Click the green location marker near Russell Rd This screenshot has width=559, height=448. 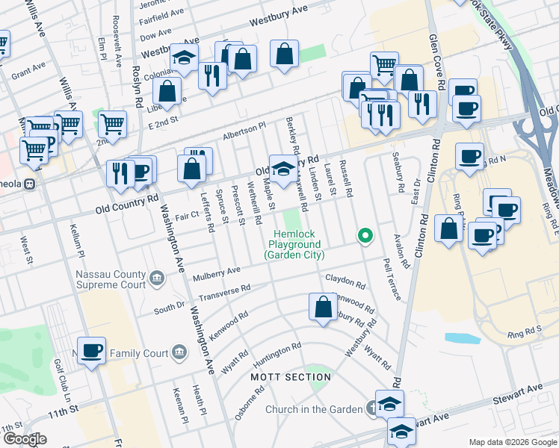click(365, 237)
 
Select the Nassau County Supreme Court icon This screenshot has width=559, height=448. click(157, 279)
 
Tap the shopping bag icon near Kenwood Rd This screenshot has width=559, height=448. click(323, 308)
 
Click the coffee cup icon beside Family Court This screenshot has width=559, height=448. click(93, 350)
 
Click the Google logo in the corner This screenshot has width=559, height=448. click(24, 438)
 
